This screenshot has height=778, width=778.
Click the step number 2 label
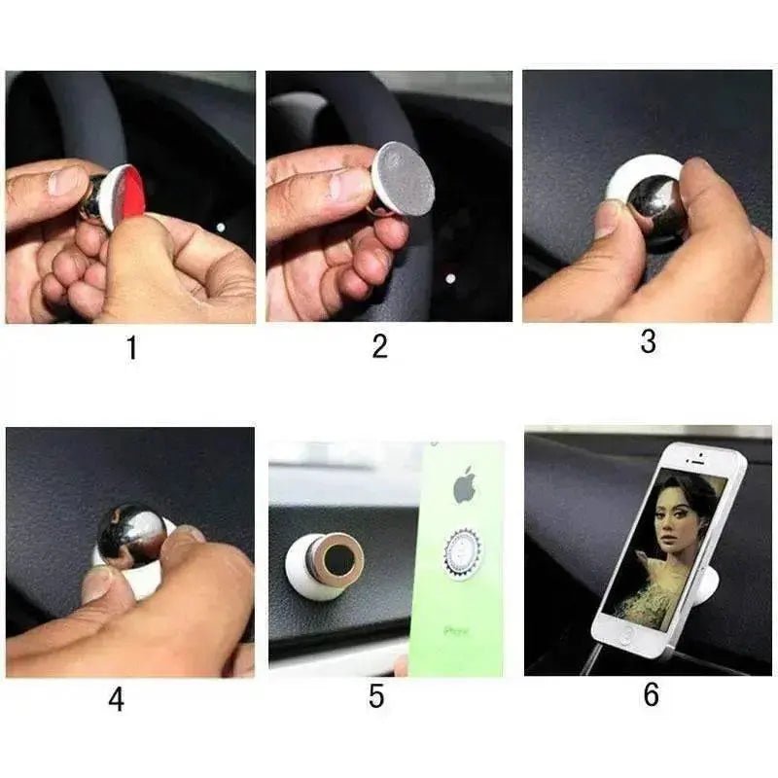[x=380, y=346]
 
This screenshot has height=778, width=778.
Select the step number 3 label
[x=648, y=341]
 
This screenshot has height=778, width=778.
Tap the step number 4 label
[x=117, y=699]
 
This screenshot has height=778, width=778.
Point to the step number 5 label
[x=377, y=696]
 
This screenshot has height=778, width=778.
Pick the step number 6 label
[x=651, y=694]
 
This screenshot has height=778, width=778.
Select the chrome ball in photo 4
[x=131, y=533]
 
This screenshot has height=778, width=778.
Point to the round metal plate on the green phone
[x=463, y=553]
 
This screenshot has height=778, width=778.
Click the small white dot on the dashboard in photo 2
[x=449, y=279]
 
